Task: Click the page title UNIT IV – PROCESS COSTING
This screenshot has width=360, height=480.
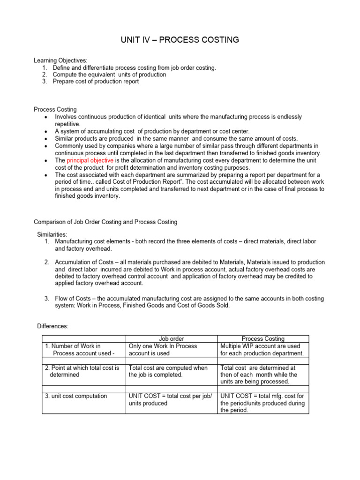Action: click(x=180, y=40)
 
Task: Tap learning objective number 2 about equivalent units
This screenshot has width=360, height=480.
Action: click(x=109, y=74)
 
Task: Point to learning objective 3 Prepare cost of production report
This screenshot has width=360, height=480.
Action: click(x=96, y=81)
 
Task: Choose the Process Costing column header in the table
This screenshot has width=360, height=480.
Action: click(x=263, y=338)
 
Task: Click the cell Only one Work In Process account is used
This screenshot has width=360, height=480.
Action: click(x=163, y=350)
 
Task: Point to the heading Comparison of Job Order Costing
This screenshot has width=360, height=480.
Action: click(x=105, y=221)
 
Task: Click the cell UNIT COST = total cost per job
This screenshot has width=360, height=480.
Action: click(x=170, y=399)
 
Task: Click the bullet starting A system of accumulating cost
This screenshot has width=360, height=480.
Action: click(x=152, y=131)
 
